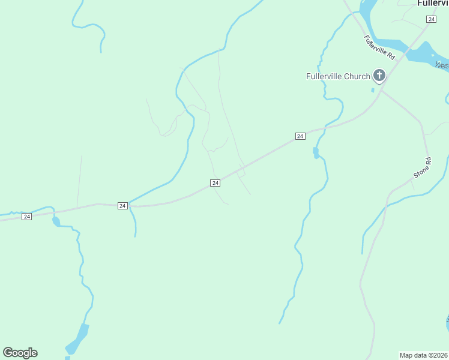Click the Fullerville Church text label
338,76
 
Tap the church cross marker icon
379,76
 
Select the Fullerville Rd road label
379,47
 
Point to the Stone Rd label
423,168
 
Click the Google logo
20,353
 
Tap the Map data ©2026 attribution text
424,355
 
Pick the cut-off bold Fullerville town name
433,3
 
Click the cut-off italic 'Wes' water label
442,65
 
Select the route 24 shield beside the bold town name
431,19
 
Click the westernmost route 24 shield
26,216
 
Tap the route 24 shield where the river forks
122,205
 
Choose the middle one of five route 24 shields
215,183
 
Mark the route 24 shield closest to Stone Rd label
300,136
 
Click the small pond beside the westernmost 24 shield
56,221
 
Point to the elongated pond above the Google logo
77,337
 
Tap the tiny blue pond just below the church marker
373,91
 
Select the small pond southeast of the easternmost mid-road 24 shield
316,153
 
